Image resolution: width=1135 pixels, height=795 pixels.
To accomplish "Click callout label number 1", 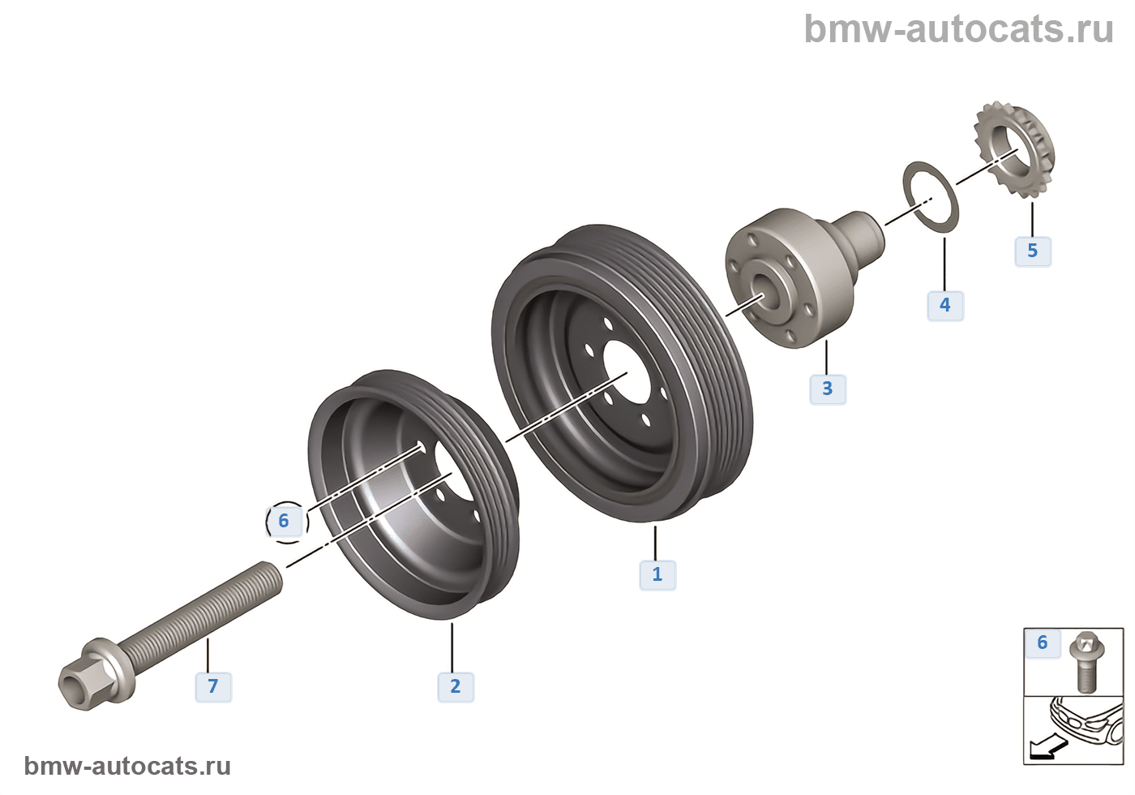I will tap(657, 574).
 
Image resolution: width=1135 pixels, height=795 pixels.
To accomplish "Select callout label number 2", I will tap(456, 686).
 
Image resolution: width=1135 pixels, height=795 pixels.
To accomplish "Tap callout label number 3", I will tap(828, 389).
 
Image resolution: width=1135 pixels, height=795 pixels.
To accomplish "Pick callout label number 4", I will tap(945, 305).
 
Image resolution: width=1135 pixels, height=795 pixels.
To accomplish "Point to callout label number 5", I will tap(1033, 251).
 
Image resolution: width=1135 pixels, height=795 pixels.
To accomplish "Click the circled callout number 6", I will tap(285, 521).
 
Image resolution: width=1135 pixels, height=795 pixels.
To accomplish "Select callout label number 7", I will tap(213, 686).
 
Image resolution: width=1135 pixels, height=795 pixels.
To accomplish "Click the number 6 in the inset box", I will tap(1043, 643).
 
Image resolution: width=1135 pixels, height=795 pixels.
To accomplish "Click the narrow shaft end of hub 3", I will tap(863, 231).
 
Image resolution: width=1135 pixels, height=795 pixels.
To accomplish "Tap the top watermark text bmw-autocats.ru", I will tap(959, 29).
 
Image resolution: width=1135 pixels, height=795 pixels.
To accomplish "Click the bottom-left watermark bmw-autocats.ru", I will tap(127, 766).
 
